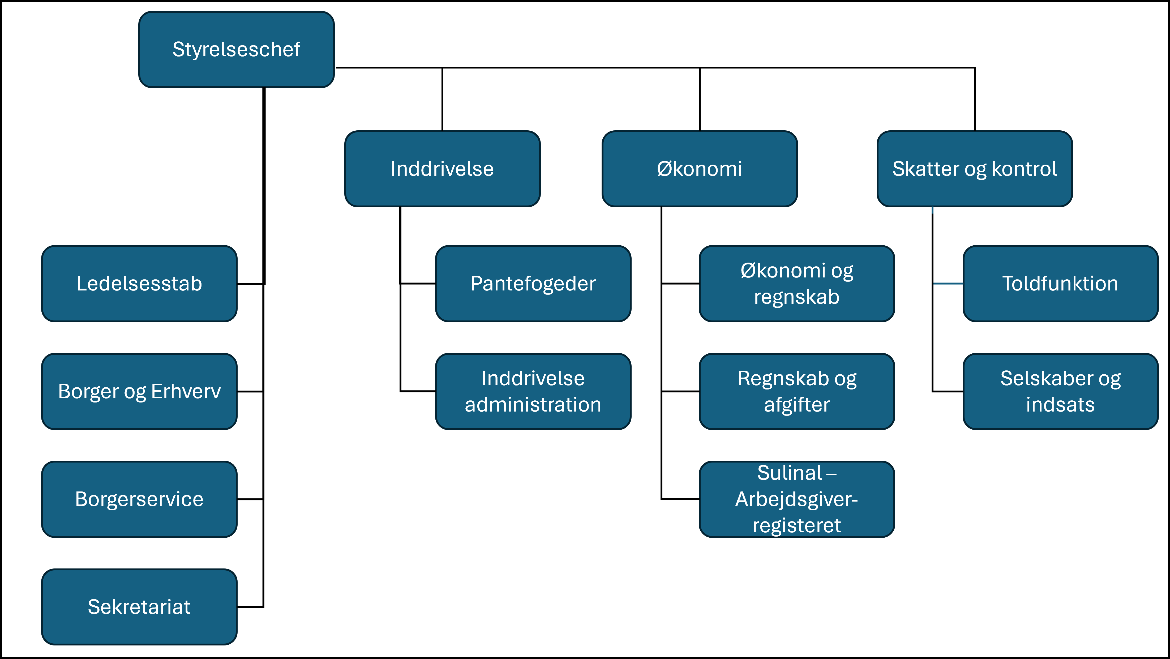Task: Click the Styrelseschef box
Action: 236,49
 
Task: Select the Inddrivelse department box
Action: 442,169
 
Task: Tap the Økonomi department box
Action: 700,169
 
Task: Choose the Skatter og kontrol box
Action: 975,169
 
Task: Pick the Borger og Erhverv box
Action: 139,391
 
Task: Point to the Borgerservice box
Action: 139,499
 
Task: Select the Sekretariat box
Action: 139,607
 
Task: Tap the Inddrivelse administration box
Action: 533,391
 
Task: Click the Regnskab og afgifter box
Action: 797,391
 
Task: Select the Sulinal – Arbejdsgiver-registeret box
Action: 797,499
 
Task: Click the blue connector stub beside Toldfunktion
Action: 948,283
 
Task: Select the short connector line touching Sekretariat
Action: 250,607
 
